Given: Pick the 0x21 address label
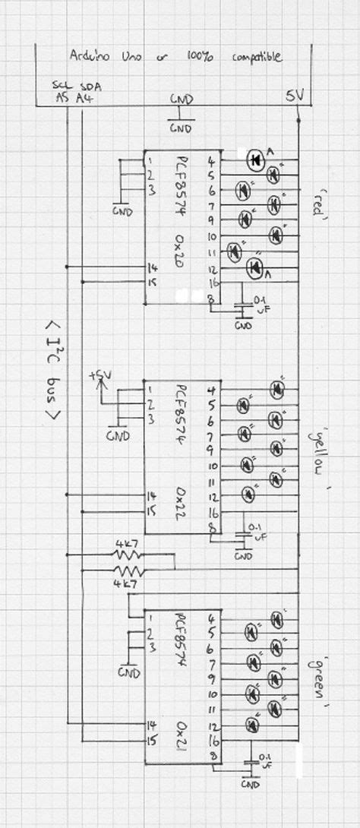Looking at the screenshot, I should pos(181,732).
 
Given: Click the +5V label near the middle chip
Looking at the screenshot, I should pos(99,375).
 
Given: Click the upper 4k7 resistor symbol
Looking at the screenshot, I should pos(128,555).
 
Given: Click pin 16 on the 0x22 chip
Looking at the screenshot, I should pos(213,514).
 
